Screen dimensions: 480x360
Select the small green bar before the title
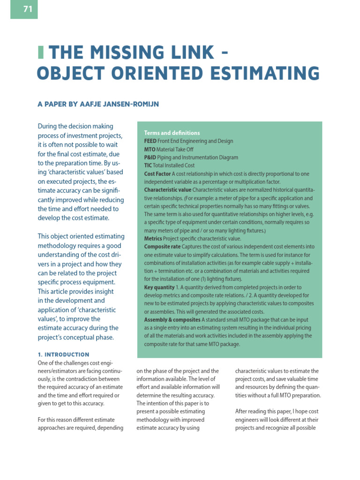(40, 52)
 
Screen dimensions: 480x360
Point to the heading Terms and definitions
(172, 133)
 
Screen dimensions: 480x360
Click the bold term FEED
(150, 141)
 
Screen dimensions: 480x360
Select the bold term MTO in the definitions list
(150, 150)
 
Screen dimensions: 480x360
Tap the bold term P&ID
(150, 157)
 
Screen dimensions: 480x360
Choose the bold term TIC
(148, 165)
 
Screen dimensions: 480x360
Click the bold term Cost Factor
(157, 174)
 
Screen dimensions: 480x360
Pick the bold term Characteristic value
(167, 190)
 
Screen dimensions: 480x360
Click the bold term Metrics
(153, 239)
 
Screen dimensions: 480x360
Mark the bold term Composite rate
(162, 247)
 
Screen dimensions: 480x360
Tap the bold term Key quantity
(159, 287)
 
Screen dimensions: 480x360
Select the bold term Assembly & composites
(172, 320)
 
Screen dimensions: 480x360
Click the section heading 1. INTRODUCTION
(63, 354)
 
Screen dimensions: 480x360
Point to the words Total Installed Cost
(173, 165)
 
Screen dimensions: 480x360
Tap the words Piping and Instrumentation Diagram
(197, 157)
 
